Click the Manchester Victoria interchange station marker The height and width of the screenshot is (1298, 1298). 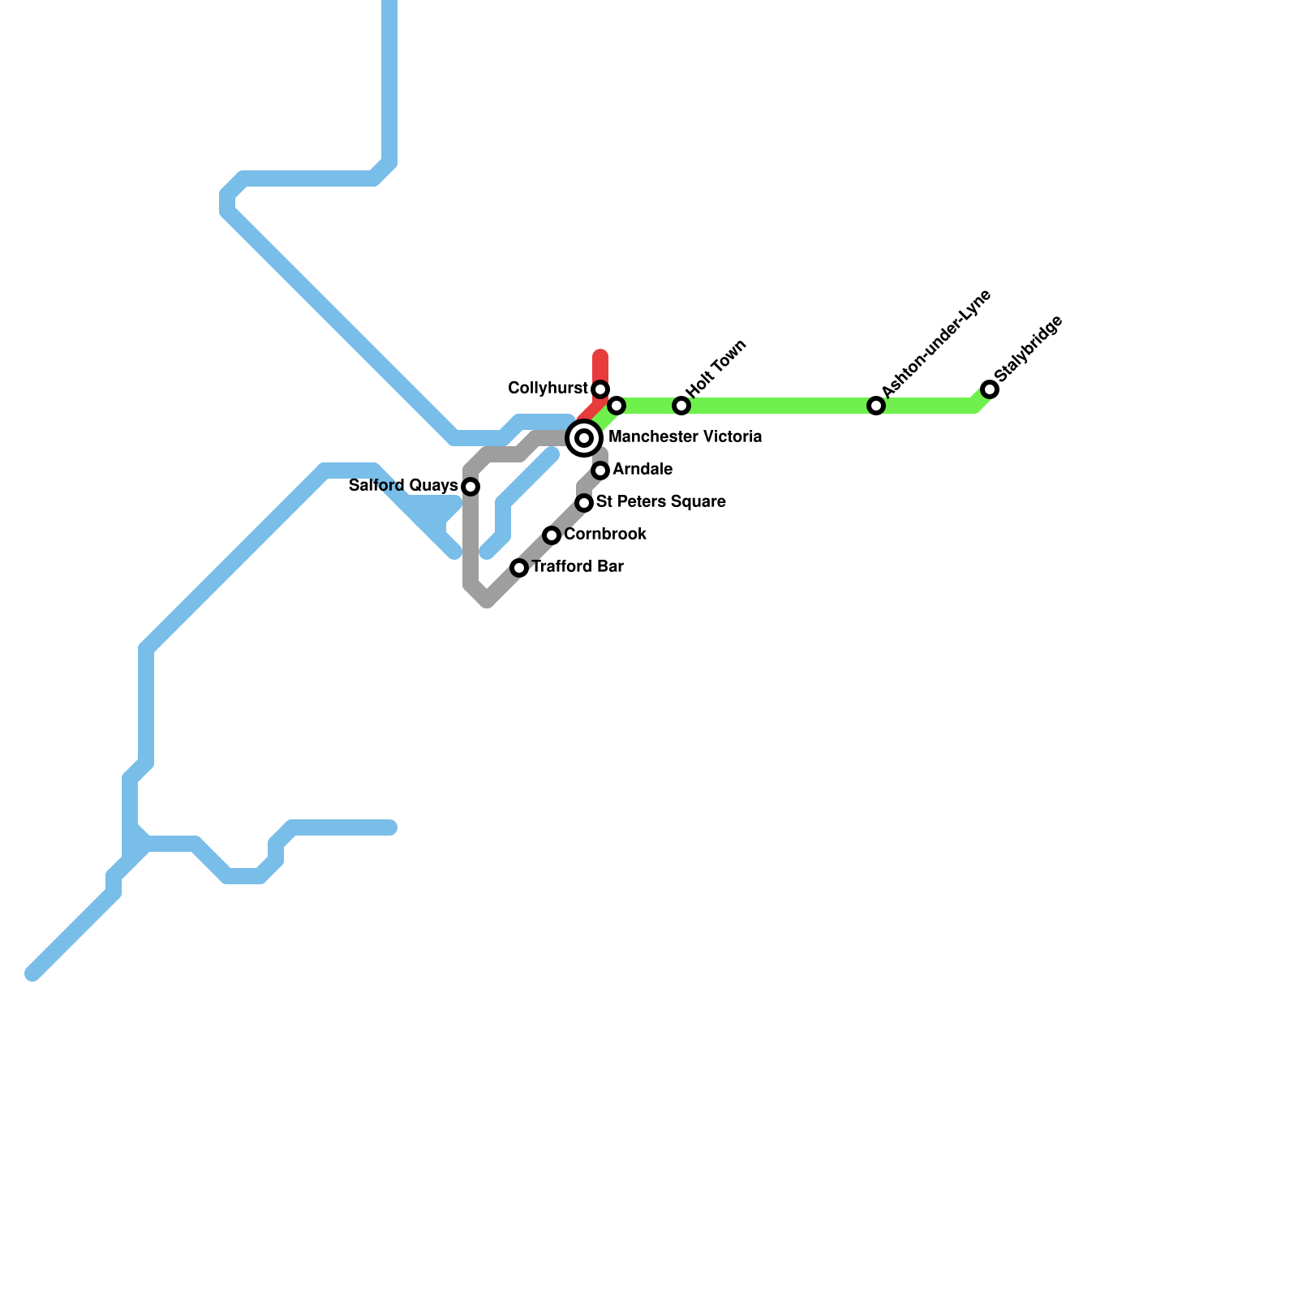coord(584,438)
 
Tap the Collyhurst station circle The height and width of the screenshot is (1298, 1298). coord(600,389)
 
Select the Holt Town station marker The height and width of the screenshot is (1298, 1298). coord(681,406)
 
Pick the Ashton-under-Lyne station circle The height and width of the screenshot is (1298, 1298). coord(876,406)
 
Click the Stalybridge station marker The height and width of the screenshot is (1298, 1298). coord(990,389)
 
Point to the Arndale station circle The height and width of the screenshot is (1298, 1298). coord(600,471)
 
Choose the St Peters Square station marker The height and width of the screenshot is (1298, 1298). coord(584,503)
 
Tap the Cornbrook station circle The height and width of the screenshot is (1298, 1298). coord(552,535)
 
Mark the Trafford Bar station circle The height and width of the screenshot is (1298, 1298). coord(519,568)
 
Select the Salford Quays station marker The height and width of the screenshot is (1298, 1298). coord(471,487)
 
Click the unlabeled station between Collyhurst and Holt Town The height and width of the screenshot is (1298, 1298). coord(617,406)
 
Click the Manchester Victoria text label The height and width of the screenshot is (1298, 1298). coord(685,437)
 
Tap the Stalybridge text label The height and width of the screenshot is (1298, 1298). coord(1028,349)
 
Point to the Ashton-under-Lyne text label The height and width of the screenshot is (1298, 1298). coord(936,344)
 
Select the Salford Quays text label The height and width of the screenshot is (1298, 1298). coord(403,486)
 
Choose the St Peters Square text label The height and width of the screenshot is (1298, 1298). coord(660,502)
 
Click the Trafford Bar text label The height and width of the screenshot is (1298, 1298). coord(578,567)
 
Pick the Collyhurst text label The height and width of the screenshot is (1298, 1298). coord(548,389)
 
